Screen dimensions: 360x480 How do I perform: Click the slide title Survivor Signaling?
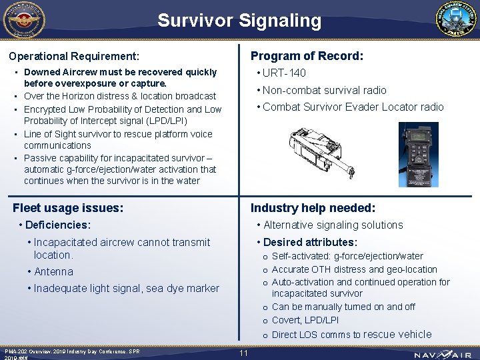[239, 21]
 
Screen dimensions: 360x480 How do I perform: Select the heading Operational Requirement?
[74, 56]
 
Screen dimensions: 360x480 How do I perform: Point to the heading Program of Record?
[307, 56]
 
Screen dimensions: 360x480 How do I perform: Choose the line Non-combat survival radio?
[325, 90]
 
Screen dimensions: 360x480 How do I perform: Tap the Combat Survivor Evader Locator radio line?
[353, 107]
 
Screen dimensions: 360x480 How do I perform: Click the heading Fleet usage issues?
[68, 208]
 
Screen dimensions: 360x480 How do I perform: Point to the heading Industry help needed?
[313, 208]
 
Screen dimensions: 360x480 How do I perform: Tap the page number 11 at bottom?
[243, 353]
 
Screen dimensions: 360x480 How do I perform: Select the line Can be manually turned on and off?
[343, 307]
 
